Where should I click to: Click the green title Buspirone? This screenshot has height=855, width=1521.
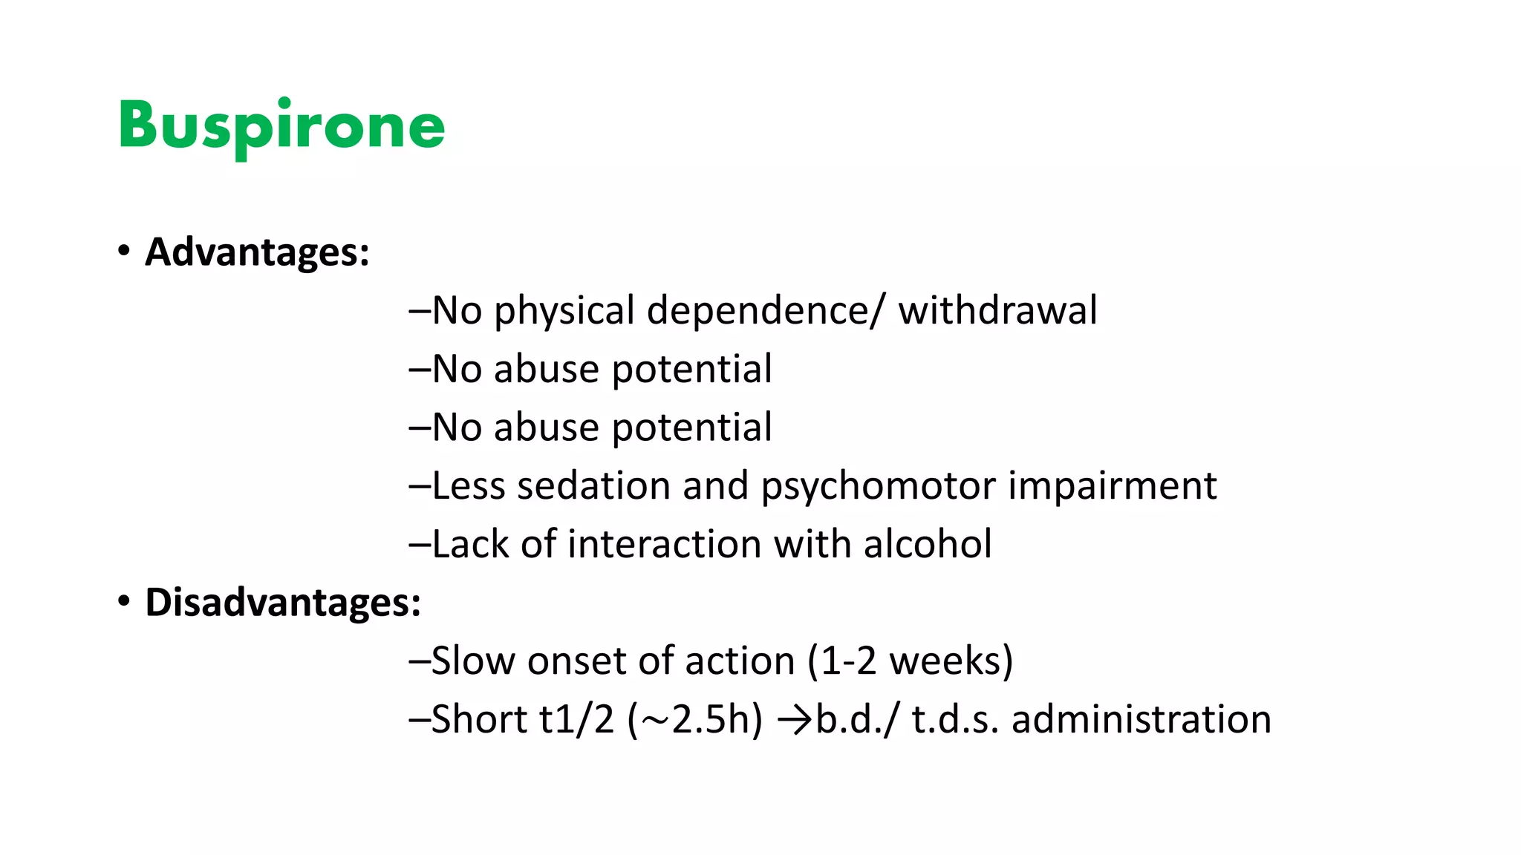coord(281,126)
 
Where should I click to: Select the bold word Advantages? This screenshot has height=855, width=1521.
coord(257,252)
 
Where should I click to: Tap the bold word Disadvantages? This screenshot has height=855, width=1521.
coord(283,602)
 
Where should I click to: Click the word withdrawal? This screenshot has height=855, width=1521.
coord(997,310)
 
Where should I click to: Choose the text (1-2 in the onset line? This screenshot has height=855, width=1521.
coord(842,661)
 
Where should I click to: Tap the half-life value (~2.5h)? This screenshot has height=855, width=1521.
coord(695,719)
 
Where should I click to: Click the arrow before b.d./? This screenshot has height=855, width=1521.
coord(794,720)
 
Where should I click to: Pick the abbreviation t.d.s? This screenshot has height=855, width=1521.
coord(955,719)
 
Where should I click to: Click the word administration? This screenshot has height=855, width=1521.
coord(1141,719)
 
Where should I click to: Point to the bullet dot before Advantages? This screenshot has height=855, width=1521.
coord(124,250)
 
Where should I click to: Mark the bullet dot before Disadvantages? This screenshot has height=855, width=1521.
coord(124,600)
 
